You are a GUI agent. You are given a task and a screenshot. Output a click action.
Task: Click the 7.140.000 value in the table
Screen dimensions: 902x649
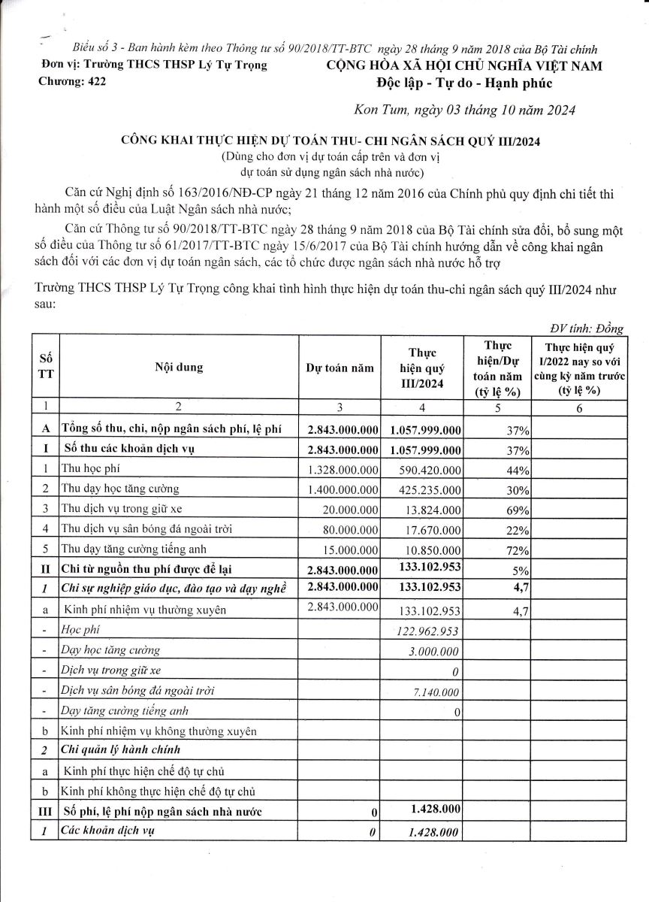[436, 691]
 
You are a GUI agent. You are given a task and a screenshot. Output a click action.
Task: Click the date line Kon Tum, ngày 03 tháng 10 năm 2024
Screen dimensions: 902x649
[463, 110]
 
